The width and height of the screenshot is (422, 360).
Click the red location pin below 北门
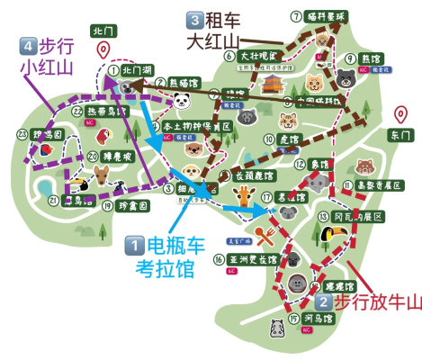[104, 51]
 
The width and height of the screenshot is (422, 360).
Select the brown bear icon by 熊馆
[346, 81]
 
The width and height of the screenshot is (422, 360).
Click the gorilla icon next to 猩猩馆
[298, 284]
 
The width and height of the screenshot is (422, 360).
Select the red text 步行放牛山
[377, 303]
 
